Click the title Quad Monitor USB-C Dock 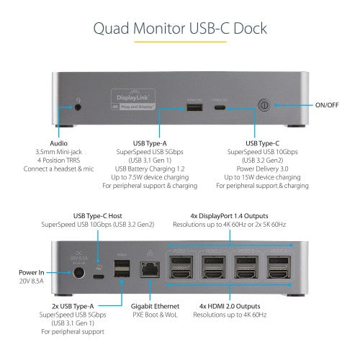coord(179,29)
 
